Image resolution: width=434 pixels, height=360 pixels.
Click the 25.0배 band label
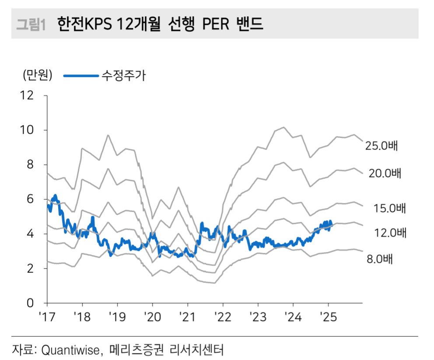coord(382,146)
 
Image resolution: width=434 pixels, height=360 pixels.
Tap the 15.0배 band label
coord(390,208)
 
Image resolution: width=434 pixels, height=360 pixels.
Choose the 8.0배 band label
coord(380,259)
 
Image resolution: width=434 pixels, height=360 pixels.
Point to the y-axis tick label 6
coord(30,199)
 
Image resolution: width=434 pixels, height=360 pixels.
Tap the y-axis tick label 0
coord(30,303)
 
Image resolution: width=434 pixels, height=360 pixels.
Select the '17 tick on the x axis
coord(45,316)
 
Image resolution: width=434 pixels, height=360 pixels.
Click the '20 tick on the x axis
coord(152,316)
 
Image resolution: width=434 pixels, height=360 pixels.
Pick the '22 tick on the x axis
coord(223,316)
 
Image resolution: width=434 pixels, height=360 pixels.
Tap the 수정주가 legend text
coord(123,75)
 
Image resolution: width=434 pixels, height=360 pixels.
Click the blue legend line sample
coord(81,76)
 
